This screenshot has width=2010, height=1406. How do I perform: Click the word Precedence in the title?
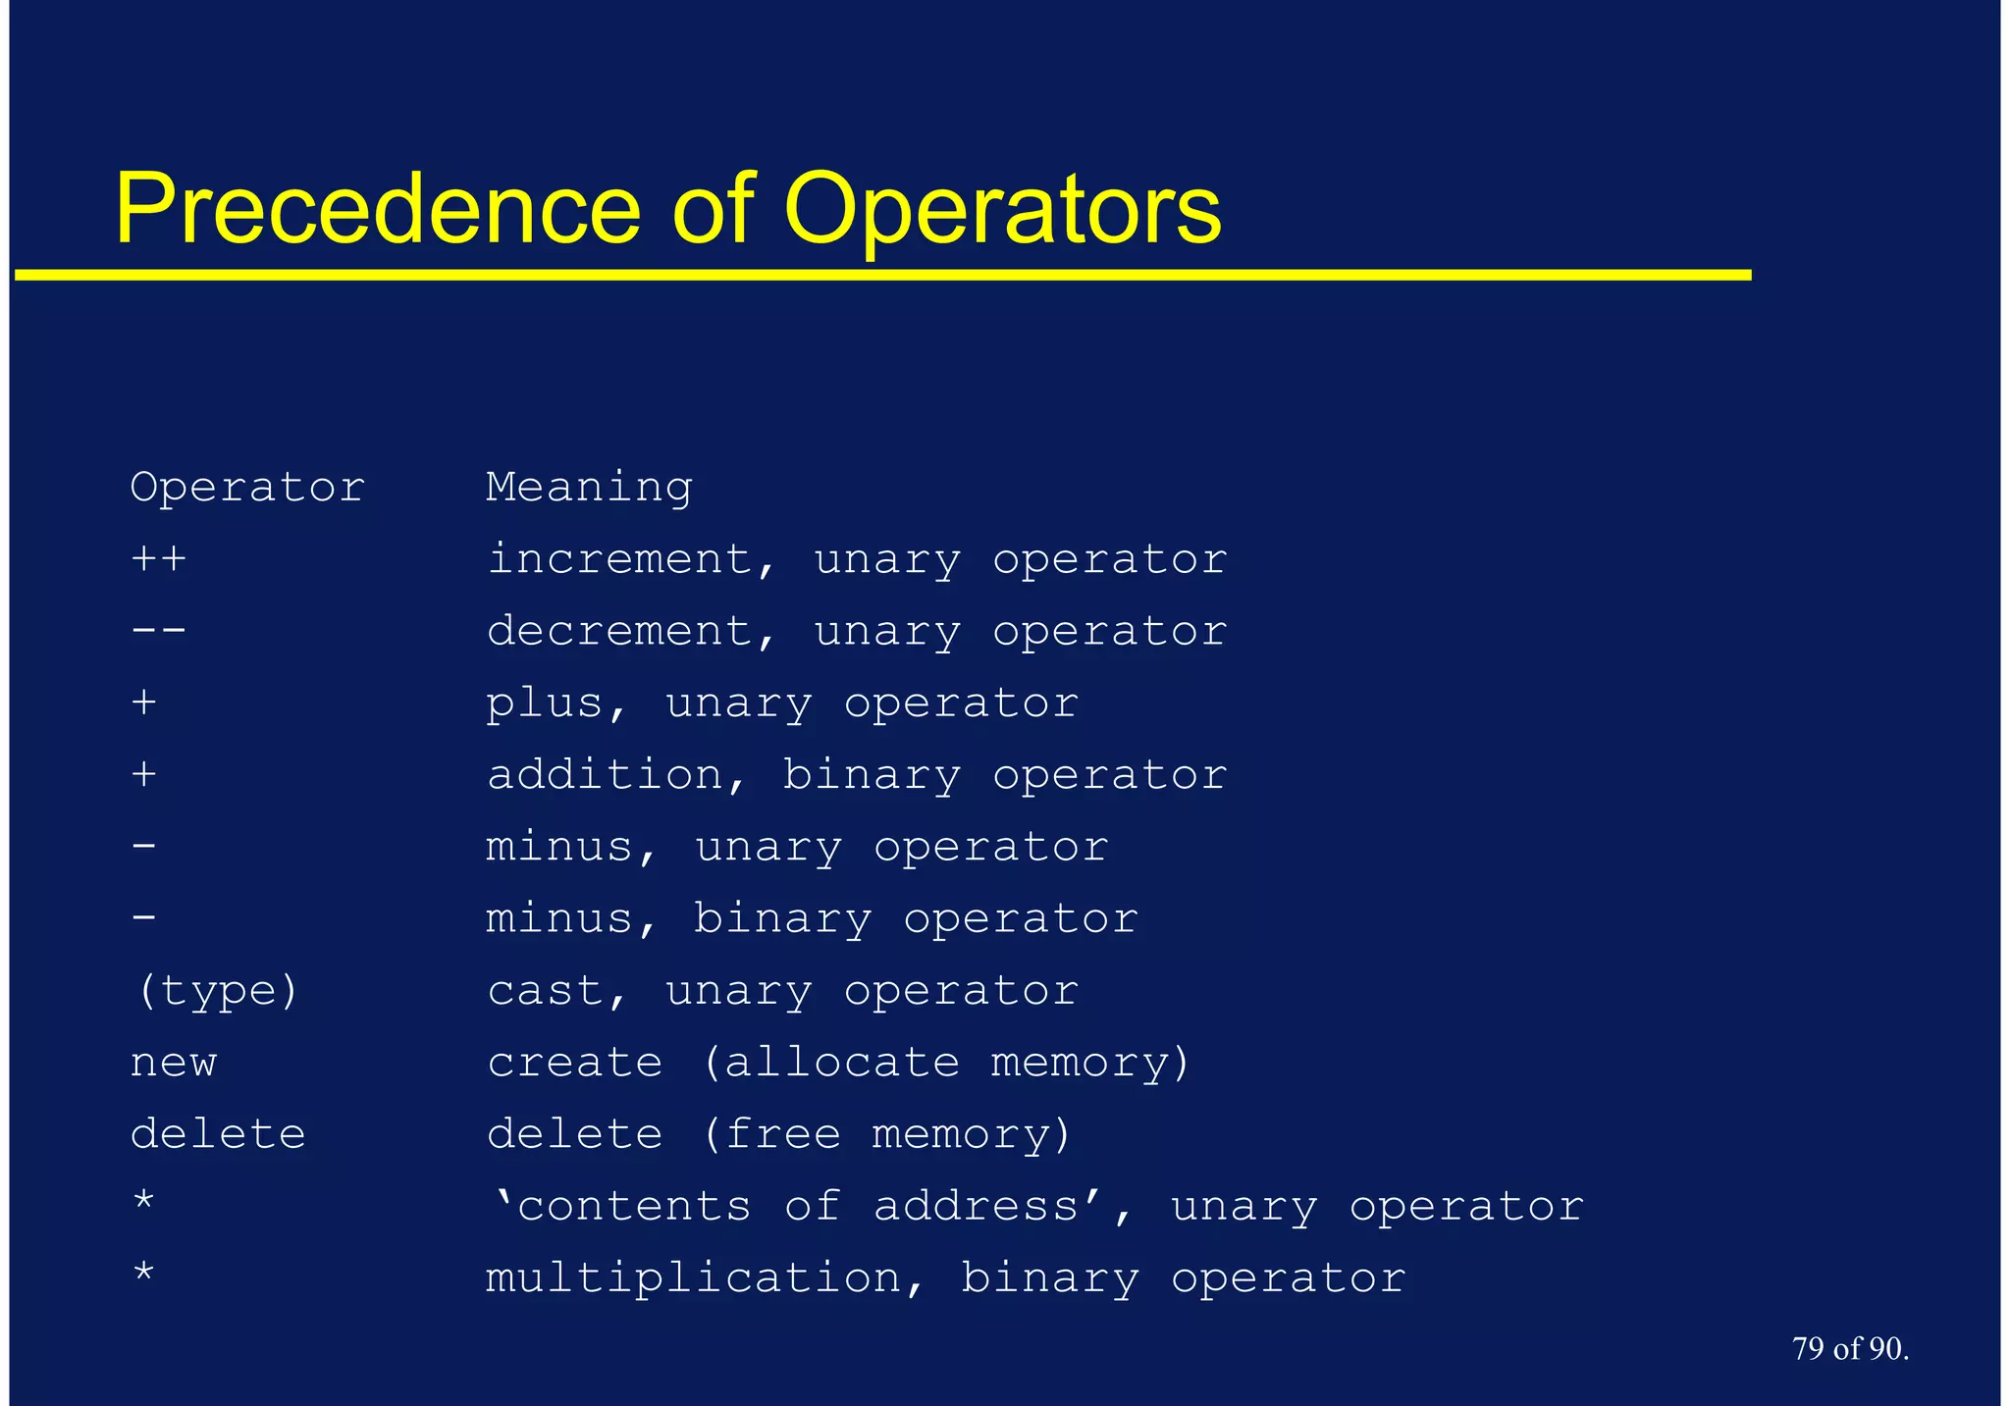pos(378,209)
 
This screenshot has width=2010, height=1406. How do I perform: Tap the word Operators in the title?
pos(1002,209)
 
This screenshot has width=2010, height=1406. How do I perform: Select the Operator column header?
pos(247,488)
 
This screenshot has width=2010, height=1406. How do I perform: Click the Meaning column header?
pos(589,488)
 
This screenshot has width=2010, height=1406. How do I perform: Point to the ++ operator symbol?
pos(158,559)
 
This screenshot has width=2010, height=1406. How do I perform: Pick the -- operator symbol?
pos(158,631)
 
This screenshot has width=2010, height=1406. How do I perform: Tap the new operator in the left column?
pos(174,1063)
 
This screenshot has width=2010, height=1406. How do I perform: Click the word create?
pos(575,1063)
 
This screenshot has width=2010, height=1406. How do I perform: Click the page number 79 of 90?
pos(1850,1349)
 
